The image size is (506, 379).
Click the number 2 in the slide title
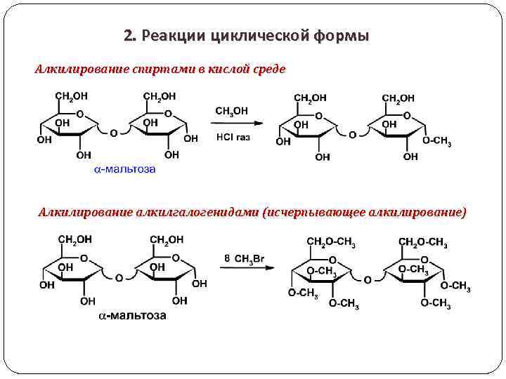pos(127,36)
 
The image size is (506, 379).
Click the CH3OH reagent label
pos(231,110)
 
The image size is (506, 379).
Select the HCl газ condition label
pos(233,137)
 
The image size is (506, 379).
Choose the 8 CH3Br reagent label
pos(245,258)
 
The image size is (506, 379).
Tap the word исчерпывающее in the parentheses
pos(318,212)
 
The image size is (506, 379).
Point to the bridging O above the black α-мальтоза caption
pos(119,279)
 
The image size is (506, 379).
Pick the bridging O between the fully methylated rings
pos(368,280)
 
